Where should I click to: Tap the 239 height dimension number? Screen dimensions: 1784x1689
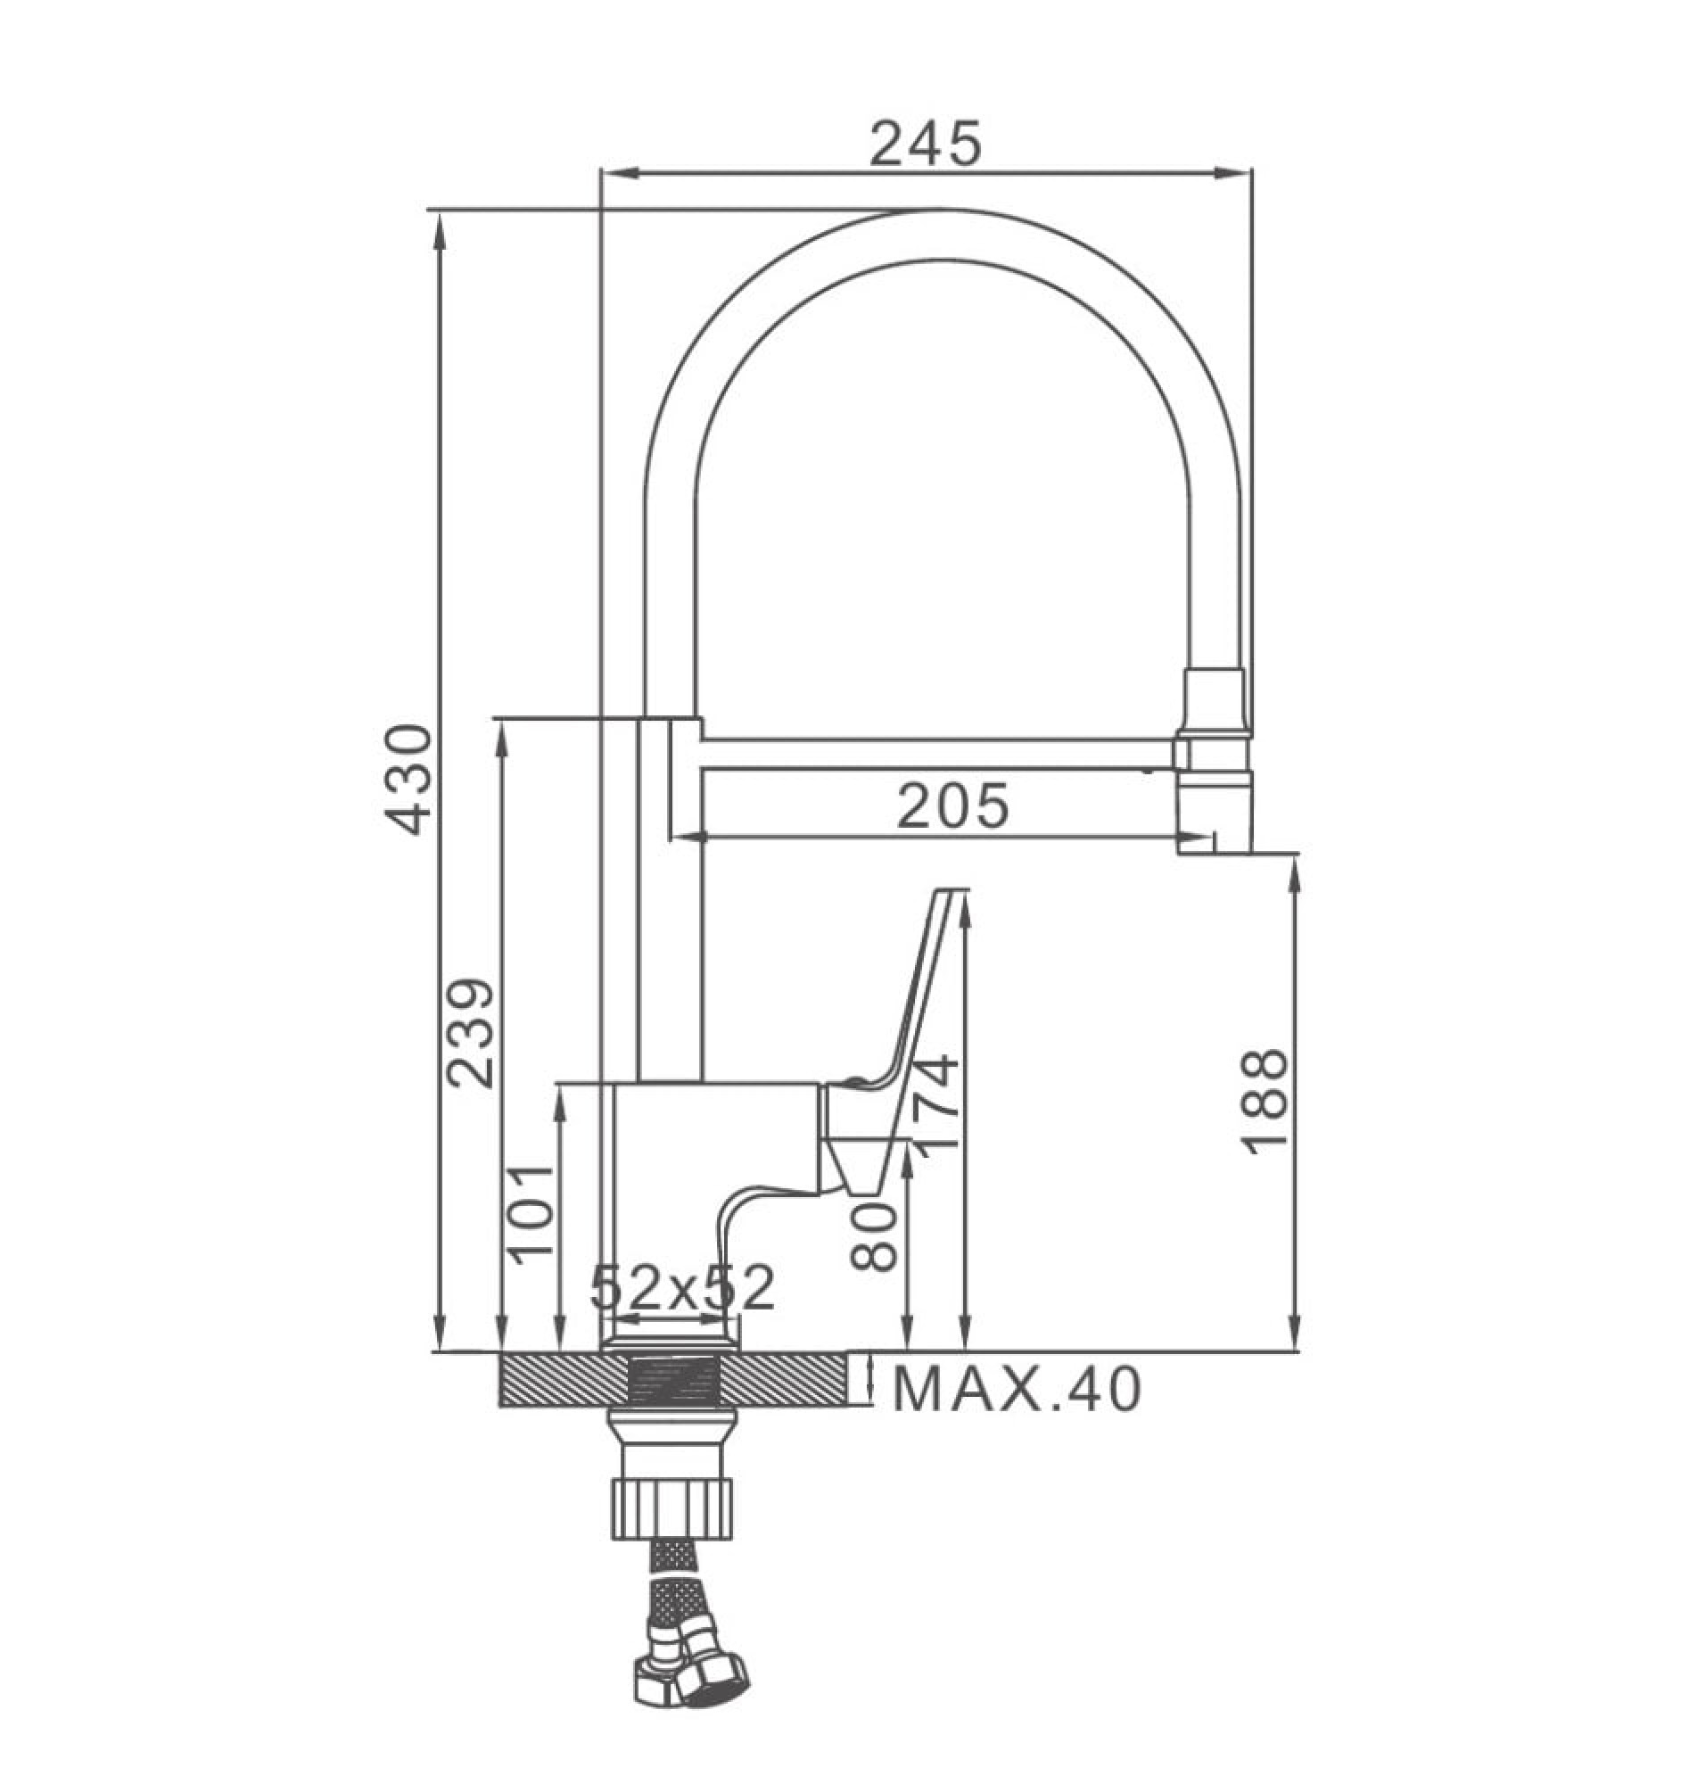[x=472, y=1033]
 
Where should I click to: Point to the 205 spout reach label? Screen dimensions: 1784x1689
[x=952, y=806]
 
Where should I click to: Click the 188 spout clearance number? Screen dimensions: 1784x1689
[x=1264, y=1102]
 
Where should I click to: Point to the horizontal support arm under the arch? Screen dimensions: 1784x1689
[x=936, y=755]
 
